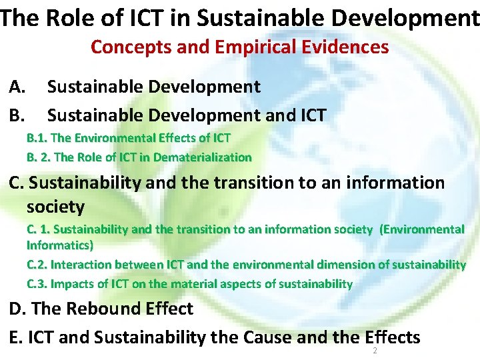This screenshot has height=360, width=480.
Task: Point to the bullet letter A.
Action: pos(18,87)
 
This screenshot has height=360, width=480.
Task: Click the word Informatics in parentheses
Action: pos(57,245)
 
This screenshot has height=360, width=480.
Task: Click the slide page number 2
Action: pos(375,350)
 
